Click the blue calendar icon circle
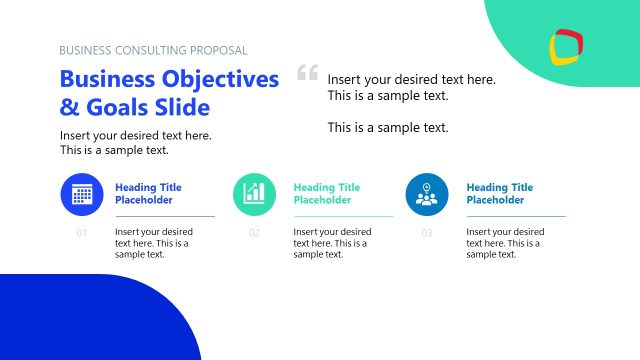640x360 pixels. [82, 194]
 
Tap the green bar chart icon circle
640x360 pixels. [254, 194]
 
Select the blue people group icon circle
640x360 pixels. [427, 194]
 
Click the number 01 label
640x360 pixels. [82, 234]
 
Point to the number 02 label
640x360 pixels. [254, 234]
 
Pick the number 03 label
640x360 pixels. [427, 234]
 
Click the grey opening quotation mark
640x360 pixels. [307, 73]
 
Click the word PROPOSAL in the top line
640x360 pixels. [217, 50]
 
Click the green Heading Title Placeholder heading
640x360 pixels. [326, 193]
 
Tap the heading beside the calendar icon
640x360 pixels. [148, 193]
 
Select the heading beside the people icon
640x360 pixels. [499, 193]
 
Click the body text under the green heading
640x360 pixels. [330, 243]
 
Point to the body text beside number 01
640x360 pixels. [153, 243]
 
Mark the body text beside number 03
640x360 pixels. [503, 243]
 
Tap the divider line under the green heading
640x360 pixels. [342, 216]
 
